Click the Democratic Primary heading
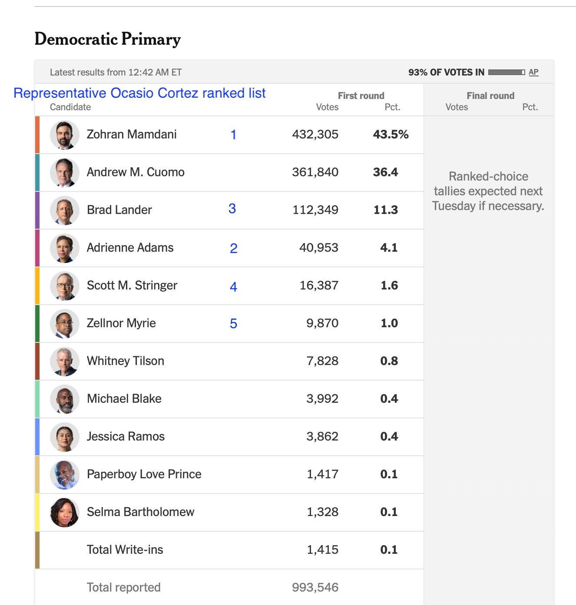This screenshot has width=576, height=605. click(x=107, y=39)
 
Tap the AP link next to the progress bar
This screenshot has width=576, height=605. click(x=533, y=72)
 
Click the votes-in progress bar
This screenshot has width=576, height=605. click(x=506, y=72)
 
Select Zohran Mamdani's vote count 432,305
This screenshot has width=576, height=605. click(x=315, y=135)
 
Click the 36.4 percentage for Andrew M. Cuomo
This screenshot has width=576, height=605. click(x=385, y=172)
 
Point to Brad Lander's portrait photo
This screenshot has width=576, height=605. click(x=65, y=210)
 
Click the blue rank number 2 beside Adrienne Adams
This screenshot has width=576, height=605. click(x=233, y=248)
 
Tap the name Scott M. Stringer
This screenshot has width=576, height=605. click(x=132, y=286)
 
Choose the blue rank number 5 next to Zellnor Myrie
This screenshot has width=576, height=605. click(x=233, y=324)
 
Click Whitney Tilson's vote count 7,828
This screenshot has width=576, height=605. click(x=322, y=361)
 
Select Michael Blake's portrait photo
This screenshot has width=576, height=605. click(x=65, y=399)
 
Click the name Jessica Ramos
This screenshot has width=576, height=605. click(x=126, y=437)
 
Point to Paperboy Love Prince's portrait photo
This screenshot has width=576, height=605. click(x=65, y=475)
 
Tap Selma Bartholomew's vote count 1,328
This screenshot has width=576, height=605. click(x=322, y=512)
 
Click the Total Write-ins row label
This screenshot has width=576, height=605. click(x=125, y=550)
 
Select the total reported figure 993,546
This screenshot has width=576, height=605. click(x=315, y=588)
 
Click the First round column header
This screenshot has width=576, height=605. click(x=361, y=96)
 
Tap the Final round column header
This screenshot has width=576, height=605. click(x=490, y=96)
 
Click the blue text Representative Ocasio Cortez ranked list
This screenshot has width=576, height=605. click(x=139, y=93)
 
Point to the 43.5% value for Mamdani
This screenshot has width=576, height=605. click(x=391, y=135)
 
